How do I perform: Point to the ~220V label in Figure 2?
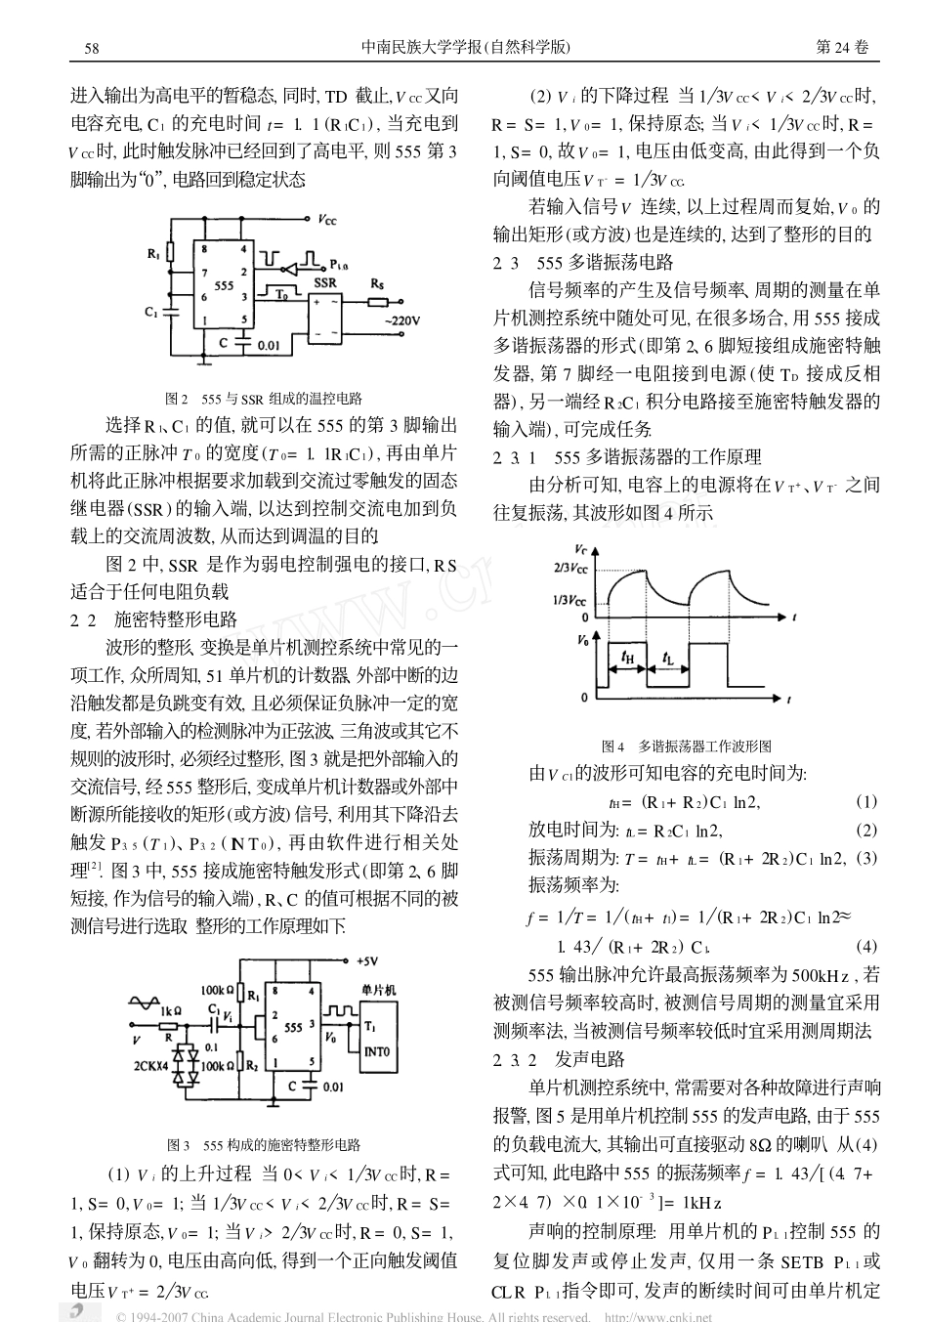pos(401,320)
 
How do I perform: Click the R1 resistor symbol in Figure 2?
pos(170,254)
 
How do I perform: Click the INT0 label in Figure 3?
pos(377,1051)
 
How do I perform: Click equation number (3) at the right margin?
pos(866,858)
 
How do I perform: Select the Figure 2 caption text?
pos(264,398)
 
